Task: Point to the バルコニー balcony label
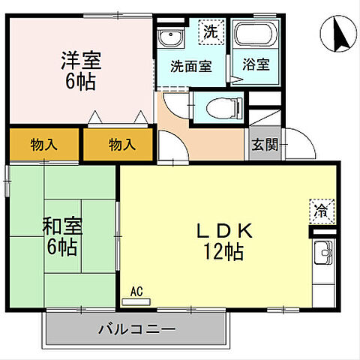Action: (x=136, y=329)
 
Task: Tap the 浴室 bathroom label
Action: (x=255, y=65)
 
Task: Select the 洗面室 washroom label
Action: (x=190, y=65)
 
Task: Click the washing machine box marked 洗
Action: (x=211, y=31)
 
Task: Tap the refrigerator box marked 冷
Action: (x=319, y=211)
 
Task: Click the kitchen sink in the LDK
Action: (x=322, y=253)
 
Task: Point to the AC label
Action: (x=136, y=291)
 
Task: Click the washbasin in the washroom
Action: (x=169, y=37)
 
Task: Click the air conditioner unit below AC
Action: (x=136, y=302)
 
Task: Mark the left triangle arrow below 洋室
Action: (x=94, y=117)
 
